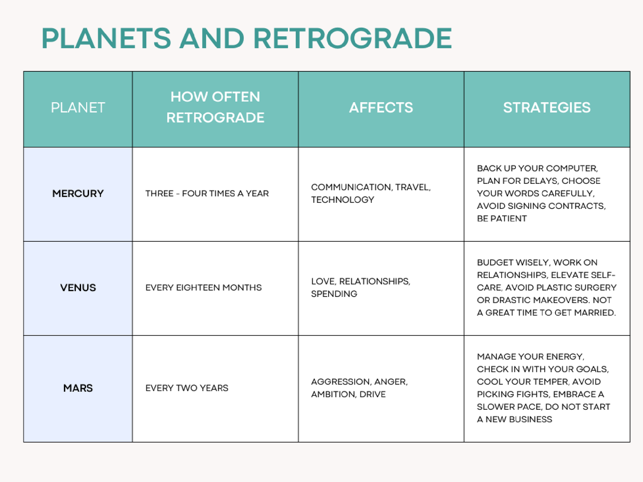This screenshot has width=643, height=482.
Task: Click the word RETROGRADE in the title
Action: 352,38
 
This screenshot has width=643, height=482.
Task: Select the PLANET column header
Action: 78,108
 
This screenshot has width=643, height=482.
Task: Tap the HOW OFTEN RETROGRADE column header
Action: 215,107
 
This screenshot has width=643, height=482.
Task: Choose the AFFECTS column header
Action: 381,108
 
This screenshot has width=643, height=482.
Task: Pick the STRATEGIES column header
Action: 547,108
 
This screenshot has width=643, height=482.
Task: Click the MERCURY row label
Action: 78,193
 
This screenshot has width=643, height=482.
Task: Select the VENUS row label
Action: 78,288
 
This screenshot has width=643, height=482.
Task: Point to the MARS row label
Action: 78,388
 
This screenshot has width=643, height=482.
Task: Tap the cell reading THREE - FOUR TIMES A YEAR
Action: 207,193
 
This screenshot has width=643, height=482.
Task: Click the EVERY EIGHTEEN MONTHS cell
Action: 203,288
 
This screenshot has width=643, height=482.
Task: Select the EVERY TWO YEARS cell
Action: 187,388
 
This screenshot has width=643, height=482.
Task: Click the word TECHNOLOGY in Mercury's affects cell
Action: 342,200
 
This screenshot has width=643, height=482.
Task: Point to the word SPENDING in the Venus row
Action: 334,294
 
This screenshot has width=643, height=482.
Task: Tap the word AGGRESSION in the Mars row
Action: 341,382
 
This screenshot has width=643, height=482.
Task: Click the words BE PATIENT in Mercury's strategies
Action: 501,219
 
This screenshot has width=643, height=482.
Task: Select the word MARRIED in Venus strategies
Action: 595,313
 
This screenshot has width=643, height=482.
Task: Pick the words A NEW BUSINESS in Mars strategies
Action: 514,419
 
